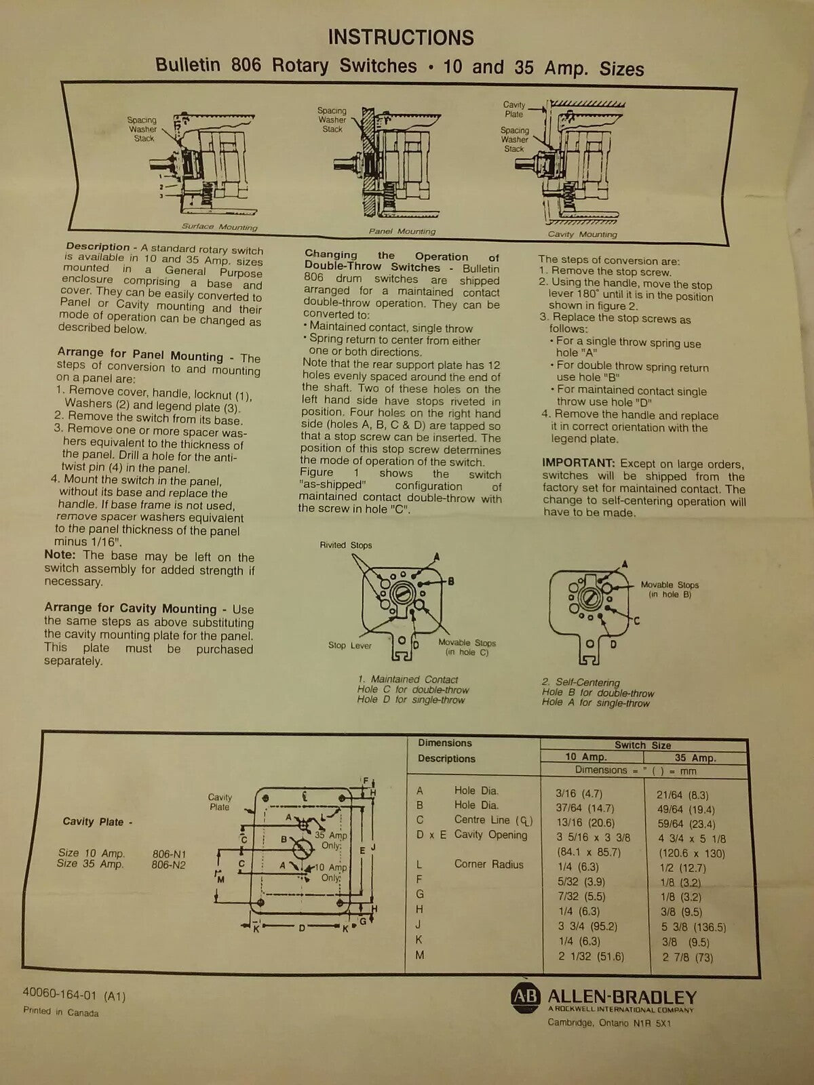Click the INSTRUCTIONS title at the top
coord(401,37)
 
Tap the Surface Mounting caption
coord(219,227)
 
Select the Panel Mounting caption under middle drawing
coord(402,231)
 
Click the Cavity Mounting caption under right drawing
coord(582,234)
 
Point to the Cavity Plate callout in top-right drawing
coord(513,109)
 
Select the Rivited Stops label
coord(346,545)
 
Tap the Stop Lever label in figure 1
coord(349,646)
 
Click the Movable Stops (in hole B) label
coord(669,589)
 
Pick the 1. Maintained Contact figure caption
coord(408,679)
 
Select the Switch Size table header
coord(642,745)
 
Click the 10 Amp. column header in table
coord(586,757)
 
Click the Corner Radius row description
coord(488,865)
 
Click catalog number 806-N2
coord(169,865)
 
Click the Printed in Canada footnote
coord(61,1012)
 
